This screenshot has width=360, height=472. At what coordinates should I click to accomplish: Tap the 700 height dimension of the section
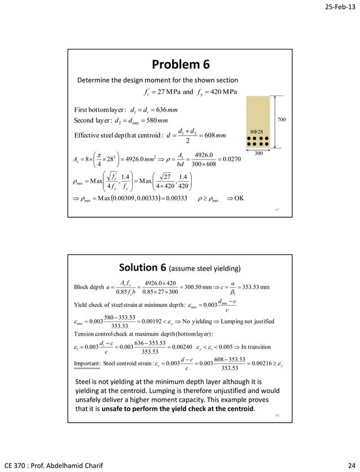(283, 120)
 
